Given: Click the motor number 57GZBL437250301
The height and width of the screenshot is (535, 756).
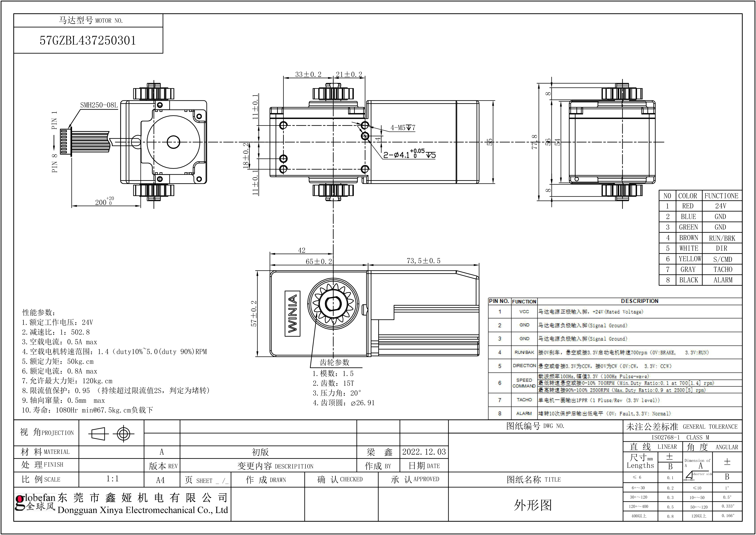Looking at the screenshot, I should pyautogui.click(x=88, y=41).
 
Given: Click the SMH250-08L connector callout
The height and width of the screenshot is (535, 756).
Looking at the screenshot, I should pyautogui.click(x=99, y=105).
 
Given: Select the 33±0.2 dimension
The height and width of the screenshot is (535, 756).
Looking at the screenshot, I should pyautogui.click(x=308, y=74).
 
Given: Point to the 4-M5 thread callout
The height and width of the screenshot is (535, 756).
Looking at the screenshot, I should pyautogui.click(x=403, y=127).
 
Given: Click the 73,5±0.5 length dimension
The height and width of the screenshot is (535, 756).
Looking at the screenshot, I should pyautogui.click(x=423, y=261).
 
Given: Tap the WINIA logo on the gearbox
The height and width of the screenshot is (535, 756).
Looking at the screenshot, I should pyautogui.click(x=292, y=313).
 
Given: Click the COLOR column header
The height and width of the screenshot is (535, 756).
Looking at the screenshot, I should pyautogui.click(x=687, y=196).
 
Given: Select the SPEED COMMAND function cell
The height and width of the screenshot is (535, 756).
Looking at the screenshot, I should pyautogui.click(x=524, y=383).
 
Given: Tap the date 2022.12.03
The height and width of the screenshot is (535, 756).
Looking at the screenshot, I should pyautogui.click(x=424, y=452).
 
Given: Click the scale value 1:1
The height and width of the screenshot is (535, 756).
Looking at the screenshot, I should pyautogui.click(x=112, y=479).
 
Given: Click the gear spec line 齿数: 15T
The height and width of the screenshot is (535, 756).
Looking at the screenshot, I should pyautogui.click(x=333, y=383).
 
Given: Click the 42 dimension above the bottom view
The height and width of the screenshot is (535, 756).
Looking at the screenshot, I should pyautogui.click(x=302, y=250).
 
